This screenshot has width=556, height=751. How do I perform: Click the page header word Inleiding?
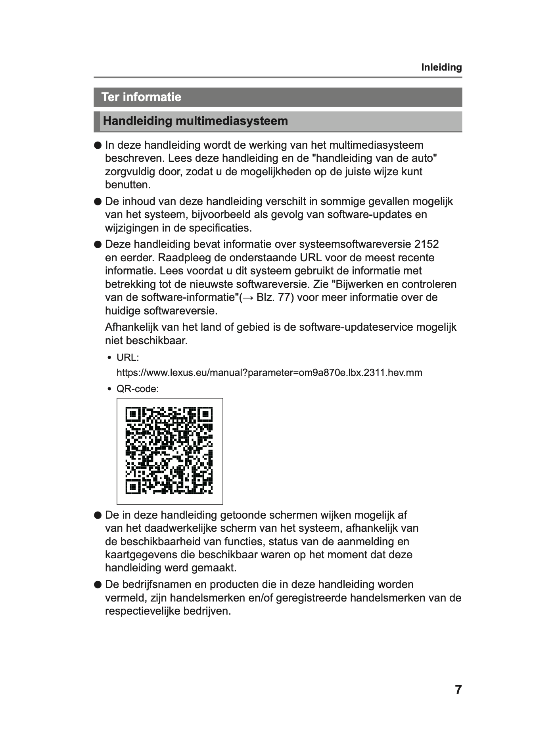[x=441, y=67]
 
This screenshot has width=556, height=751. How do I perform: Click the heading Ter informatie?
[x=141, y=97]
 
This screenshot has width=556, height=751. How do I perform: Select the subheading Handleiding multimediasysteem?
[x=195, y=121]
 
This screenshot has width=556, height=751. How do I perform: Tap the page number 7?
[x=458, y=690]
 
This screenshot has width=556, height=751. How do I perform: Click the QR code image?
[x=169, y=451]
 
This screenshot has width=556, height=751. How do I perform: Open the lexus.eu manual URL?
[x=269, y=373]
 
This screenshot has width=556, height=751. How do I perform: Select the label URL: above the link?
[x=127, y=358]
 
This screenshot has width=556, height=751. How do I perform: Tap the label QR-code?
[x=137, y=389]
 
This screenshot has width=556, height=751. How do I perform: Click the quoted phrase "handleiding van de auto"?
[x=375, y=158]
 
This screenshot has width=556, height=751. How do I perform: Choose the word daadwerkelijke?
[x=181, y=528]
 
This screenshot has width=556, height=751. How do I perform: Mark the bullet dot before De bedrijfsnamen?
[x=98, y=585]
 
